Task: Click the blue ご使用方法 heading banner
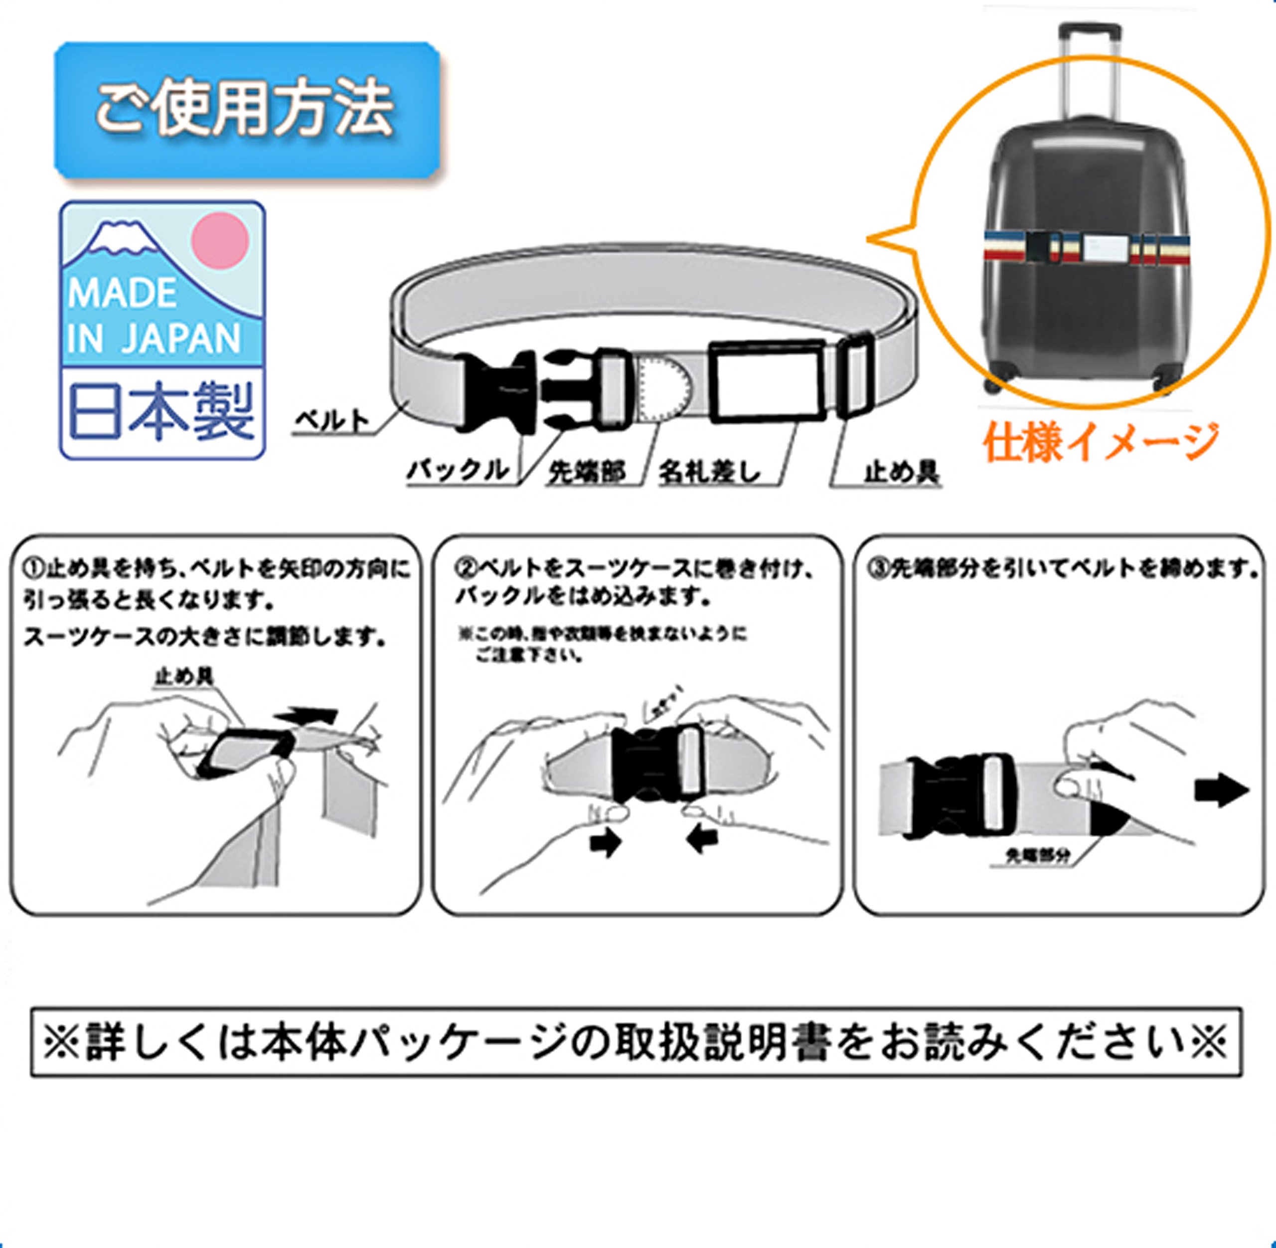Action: point(246,110)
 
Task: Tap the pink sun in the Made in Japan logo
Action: point(220,240)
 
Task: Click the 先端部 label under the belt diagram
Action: point(586,471)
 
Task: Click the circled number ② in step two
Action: point(465,568)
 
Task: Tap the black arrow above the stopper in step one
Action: point(307,716)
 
